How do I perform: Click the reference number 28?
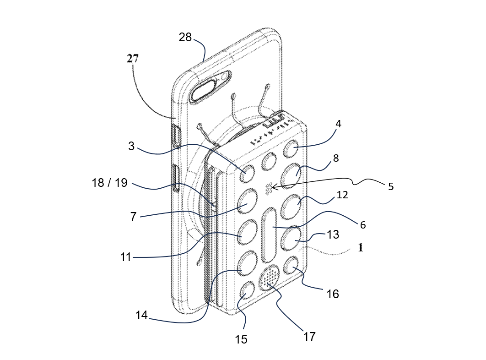click(185, 37)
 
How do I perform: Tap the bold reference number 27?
click(133, 58)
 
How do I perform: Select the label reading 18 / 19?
click(109, 182)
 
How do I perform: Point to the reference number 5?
click(391, 186)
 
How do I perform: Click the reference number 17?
click(309, 337)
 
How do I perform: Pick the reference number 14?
click(141, 315)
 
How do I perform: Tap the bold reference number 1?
click(360, 248)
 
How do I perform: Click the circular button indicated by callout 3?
click(247, 173)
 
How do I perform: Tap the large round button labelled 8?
click(291, 175)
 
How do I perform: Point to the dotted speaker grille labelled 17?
click(270, 278)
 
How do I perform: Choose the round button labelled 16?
click(292, 266)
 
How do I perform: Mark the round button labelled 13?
click(292, 239)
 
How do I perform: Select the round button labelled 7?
click(248, 201)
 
